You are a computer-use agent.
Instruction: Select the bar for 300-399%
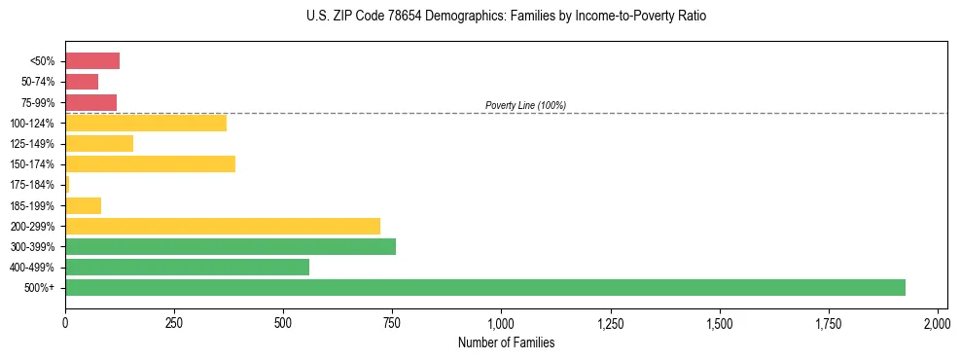(231, 246)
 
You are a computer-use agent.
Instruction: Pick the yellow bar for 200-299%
(223, 226)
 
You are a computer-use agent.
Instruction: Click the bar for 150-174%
(150, 163)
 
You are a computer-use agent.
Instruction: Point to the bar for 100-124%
(146, 123)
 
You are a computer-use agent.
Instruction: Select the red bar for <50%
(92, 61)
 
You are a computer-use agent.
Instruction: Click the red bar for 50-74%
(82, 82)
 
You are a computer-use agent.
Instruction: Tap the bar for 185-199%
(83, 205)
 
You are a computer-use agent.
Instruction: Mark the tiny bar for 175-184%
(67, 184)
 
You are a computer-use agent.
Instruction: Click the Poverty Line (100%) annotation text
(525, 105)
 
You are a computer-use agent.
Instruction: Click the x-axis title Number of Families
(501, 342)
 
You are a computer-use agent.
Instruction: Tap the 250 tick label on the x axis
(174, 322)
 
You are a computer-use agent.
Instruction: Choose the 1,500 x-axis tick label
(719, 322)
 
